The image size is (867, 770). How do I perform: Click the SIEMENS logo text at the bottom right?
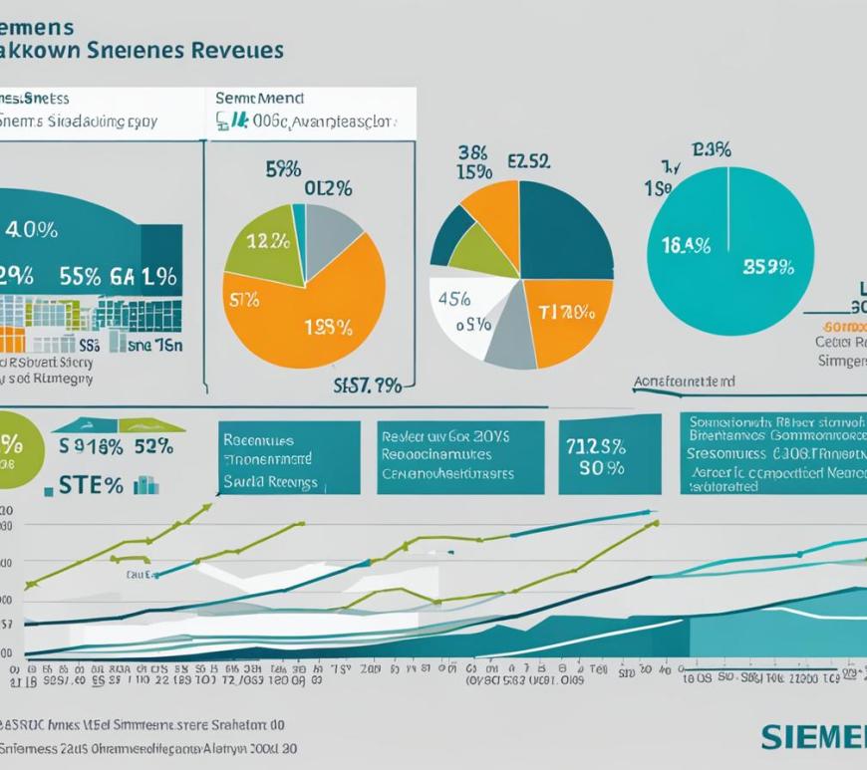(x=813, y=737)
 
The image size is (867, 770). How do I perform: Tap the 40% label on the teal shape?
(x=31, y=230)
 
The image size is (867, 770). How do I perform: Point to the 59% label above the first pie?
(x=284, y=169)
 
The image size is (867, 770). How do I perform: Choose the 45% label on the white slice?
(x=455, y=299)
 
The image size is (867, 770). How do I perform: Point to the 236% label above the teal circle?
(x=710, y=150)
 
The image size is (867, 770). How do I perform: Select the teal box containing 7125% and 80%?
(x=609, y=456)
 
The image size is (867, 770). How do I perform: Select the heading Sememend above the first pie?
(x=260, y=99)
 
